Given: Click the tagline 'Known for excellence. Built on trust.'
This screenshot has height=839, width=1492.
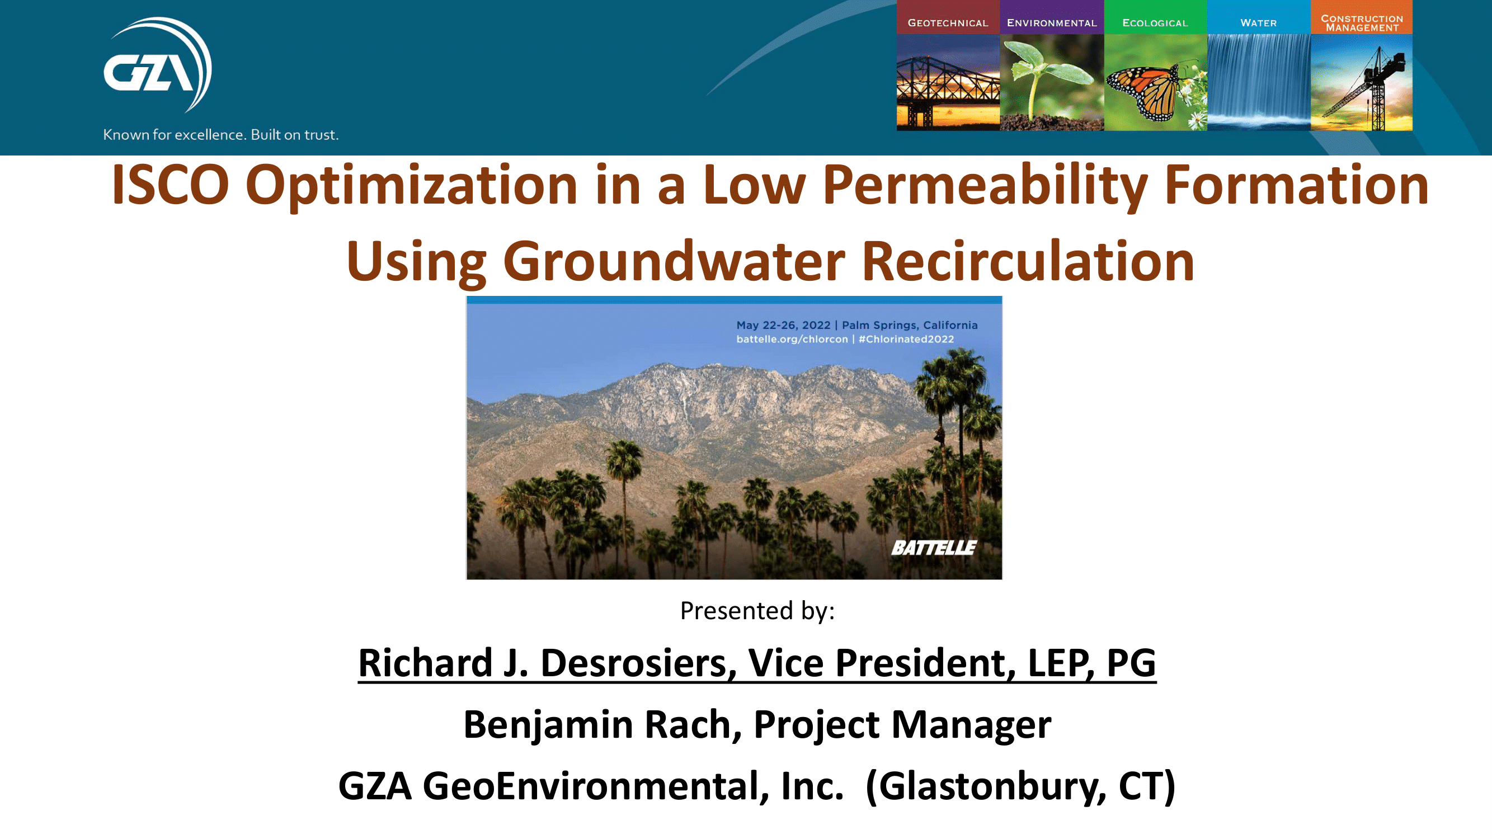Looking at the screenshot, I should (220, 135).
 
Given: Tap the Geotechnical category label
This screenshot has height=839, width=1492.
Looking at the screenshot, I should (948, 23).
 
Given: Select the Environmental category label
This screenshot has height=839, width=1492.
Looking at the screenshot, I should (1051, 23).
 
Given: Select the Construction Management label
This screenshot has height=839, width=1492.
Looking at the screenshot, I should (1361, 23).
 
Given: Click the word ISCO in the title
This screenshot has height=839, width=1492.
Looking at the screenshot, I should (170, 185).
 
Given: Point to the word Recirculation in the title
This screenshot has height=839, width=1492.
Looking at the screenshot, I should (1028, 262).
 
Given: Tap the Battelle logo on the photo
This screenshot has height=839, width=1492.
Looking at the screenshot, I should (934, 547).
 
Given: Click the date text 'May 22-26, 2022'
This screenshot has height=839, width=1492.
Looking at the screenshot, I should (783, 326).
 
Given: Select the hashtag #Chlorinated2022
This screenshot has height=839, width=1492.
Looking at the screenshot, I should (906, 340).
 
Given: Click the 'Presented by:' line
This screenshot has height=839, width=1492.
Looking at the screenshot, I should (757, 611).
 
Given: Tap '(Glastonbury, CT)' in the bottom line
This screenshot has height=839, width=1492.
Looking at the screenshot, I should (1020, 786).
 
